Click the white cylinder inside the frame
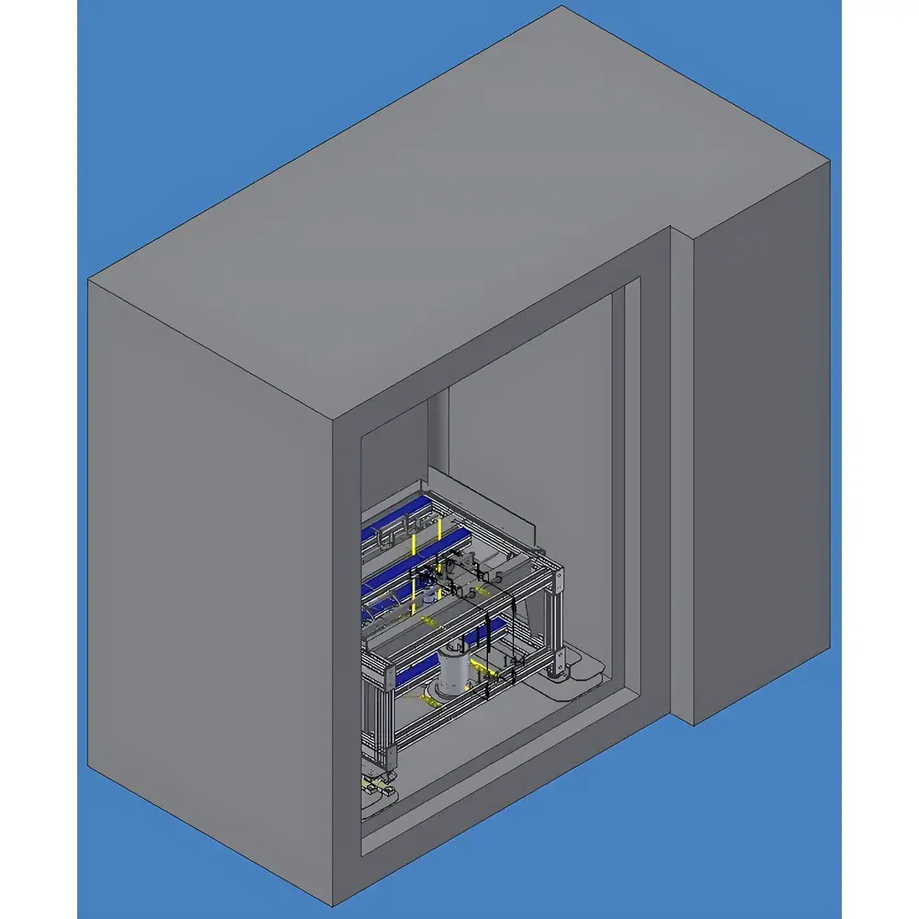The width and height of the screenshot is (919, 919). click(x=452, y=674)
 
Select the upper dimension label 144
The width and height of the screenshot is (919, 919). click(x=514, y=661)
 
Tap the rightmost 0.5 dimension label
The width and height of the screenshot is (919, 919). click(x=492, y=577)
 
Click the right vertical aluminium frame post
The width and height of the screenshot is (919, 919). click(x=555, y=621)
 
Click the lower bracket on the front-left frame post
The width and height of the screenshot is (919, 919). click(x=394, y=755)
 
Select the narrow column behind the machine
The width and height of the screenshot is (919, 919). click(x=438, y=432)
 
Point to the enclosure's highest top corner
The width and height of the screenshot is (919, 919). click(x=562, y=6)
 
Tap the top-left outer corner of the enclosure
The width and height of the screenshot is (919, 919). click(x=89, y=279)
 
